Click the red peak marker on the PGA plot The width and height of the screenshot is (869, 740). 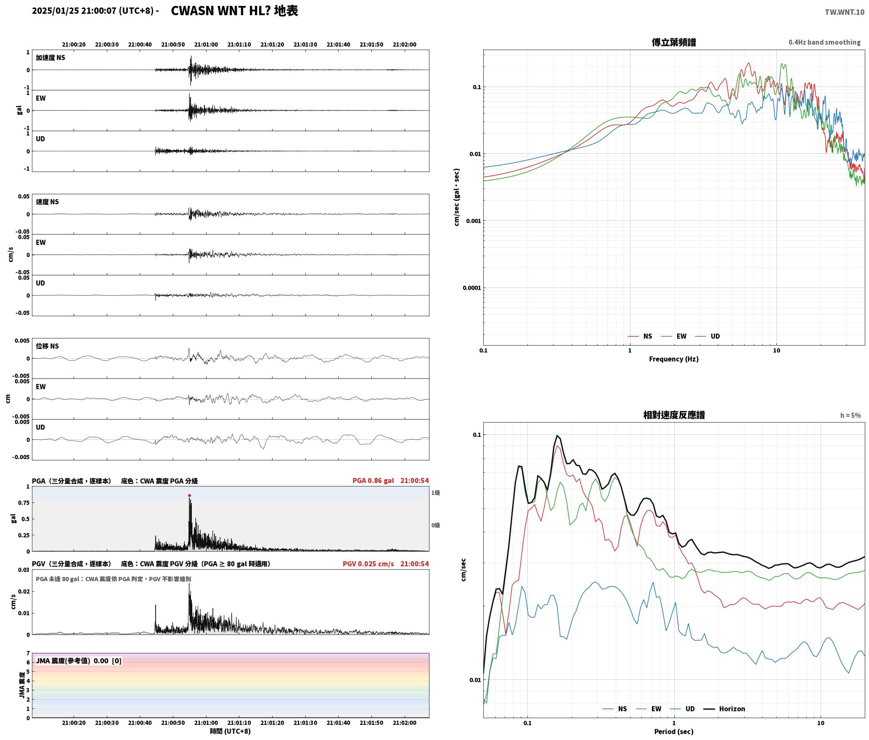pos(189,495)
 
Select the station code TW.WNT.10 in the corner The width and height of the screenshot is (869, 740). pos(845,12)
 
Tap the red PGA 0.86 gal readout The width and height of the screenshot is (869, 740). pos(373,481)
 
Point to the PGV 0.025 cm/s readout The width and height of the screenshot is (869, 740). pos(368,564)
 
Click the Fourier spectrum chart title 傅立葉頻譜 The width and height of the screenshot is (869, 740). pos(674,42)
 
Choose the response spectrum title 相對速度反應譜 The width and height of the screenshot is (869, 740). pos(674,415)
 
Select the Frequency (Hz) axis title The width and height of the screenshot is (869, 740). pos(673,359)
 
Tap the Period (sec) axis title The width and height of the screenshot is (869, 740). pos(673,732)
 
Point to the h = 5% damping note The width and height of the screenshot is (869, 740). pos(850,415)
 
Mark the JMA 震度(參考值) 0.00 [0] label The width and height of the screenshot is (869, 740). pos(79,661)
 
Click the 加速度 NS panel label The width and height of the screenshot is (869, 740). pos(50,58)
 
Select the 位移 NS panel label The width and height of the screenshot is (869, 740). pos(47,346)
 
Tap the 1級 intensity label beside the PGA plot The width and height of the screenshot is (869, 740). pos(435,493)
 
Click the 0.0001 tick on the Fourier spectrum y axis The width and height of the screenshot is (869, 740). pos(472,288)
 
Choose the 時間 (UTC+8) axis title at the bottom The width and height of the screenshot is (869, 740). pos(230,732)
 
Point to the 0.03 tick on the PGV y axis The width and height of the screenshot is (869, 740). pos(24,570)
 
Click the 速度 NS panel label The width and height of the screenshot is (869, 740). pos(47,202)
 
